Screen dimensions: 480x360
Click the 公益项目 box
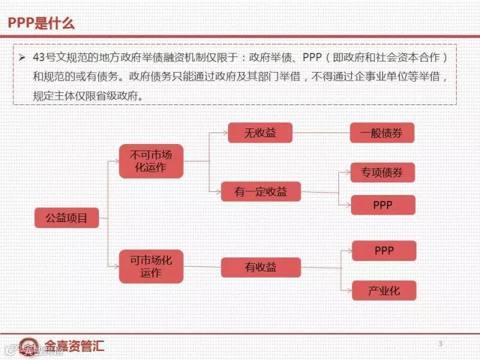[x=67, y=218]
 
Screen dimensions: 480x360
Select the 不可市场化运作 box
[x=151, y=161]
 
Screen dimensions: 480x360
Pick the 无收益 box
[x=260, y=133]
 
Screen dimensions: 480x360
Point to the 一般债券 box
[x=382, y=133]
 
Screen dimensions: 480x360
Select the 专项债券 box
[x=382, y=173]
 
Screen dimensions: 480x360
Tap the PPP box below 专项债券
[x=382, y=205]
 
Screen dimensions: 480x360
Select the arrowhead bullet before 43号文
[x=22, y=58]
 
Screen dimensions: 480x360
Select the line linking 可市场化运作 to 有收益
[x=202, y=267]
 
